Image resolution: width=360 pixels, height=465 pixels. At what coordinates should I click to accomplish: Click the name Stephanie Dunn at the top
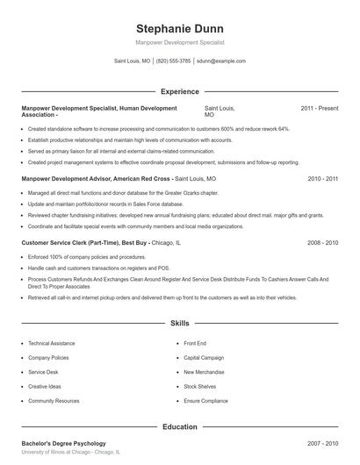(x=180, y=25)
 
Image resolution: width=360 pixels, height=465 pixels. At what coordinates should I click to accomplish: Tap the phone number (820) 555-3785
(x=173, y=61)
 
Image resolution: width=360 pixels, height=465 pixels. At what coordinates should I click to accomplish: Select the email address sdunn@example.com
(x=220, y=61)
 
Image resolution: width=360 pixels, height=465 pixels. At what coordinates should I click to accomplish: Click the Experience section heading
(x=180, y=91)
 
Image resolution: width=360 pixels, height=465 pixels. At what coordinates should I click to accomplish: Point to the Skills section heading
(x=180, y=324)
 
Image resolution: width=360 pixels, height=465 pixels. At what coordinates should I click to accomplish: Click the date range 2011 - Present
(x=319, y=108)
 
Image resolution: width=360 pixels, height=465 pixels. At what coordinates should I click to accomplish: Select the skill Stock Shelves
(x=199, y=386)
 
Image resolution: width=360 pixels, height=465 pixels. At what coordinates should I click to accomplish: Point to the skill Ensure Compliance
(x=205, y=401)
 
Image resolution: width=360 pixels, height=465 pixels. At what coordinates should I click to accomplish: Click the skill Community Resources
(x=54, y=401)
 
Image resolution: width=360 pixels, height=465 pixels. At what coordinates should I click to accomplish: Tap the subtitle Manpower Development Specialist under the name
(x=180, y=42)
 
